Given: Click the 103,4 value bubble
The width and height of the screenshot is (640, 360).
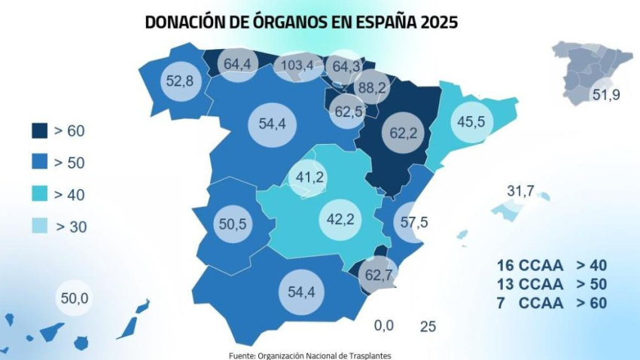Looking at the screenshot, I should click(297, 66).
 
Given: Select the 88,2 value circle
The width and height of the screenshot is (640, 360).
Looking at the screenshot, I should click(371, 87).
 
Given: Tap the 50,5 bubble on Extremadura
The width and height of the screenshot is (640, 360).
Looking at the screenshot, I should click(232, 224).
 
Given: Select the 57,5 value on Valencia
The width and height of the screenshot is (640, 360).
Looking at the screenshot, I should click(413, 222).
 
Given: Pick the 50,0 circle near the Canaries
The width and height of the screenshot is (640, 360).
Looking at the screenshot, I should click(75, 299).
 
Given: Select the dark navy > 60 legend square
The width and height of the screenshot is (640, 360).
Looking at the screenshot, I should click(37, 131).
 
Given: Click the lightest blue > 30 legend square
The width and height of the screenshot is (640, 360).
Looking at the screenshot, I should click(37, 227).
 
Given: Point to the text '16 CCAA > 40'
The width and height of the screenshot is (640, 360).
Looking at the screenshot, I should click(551, 265).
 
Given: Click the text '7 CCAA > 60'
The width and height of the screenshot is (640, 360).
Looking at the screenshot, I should click(551, 304).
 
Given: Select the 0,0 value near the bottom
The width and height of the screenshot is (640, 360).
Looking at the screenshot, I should click(384, 325).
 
